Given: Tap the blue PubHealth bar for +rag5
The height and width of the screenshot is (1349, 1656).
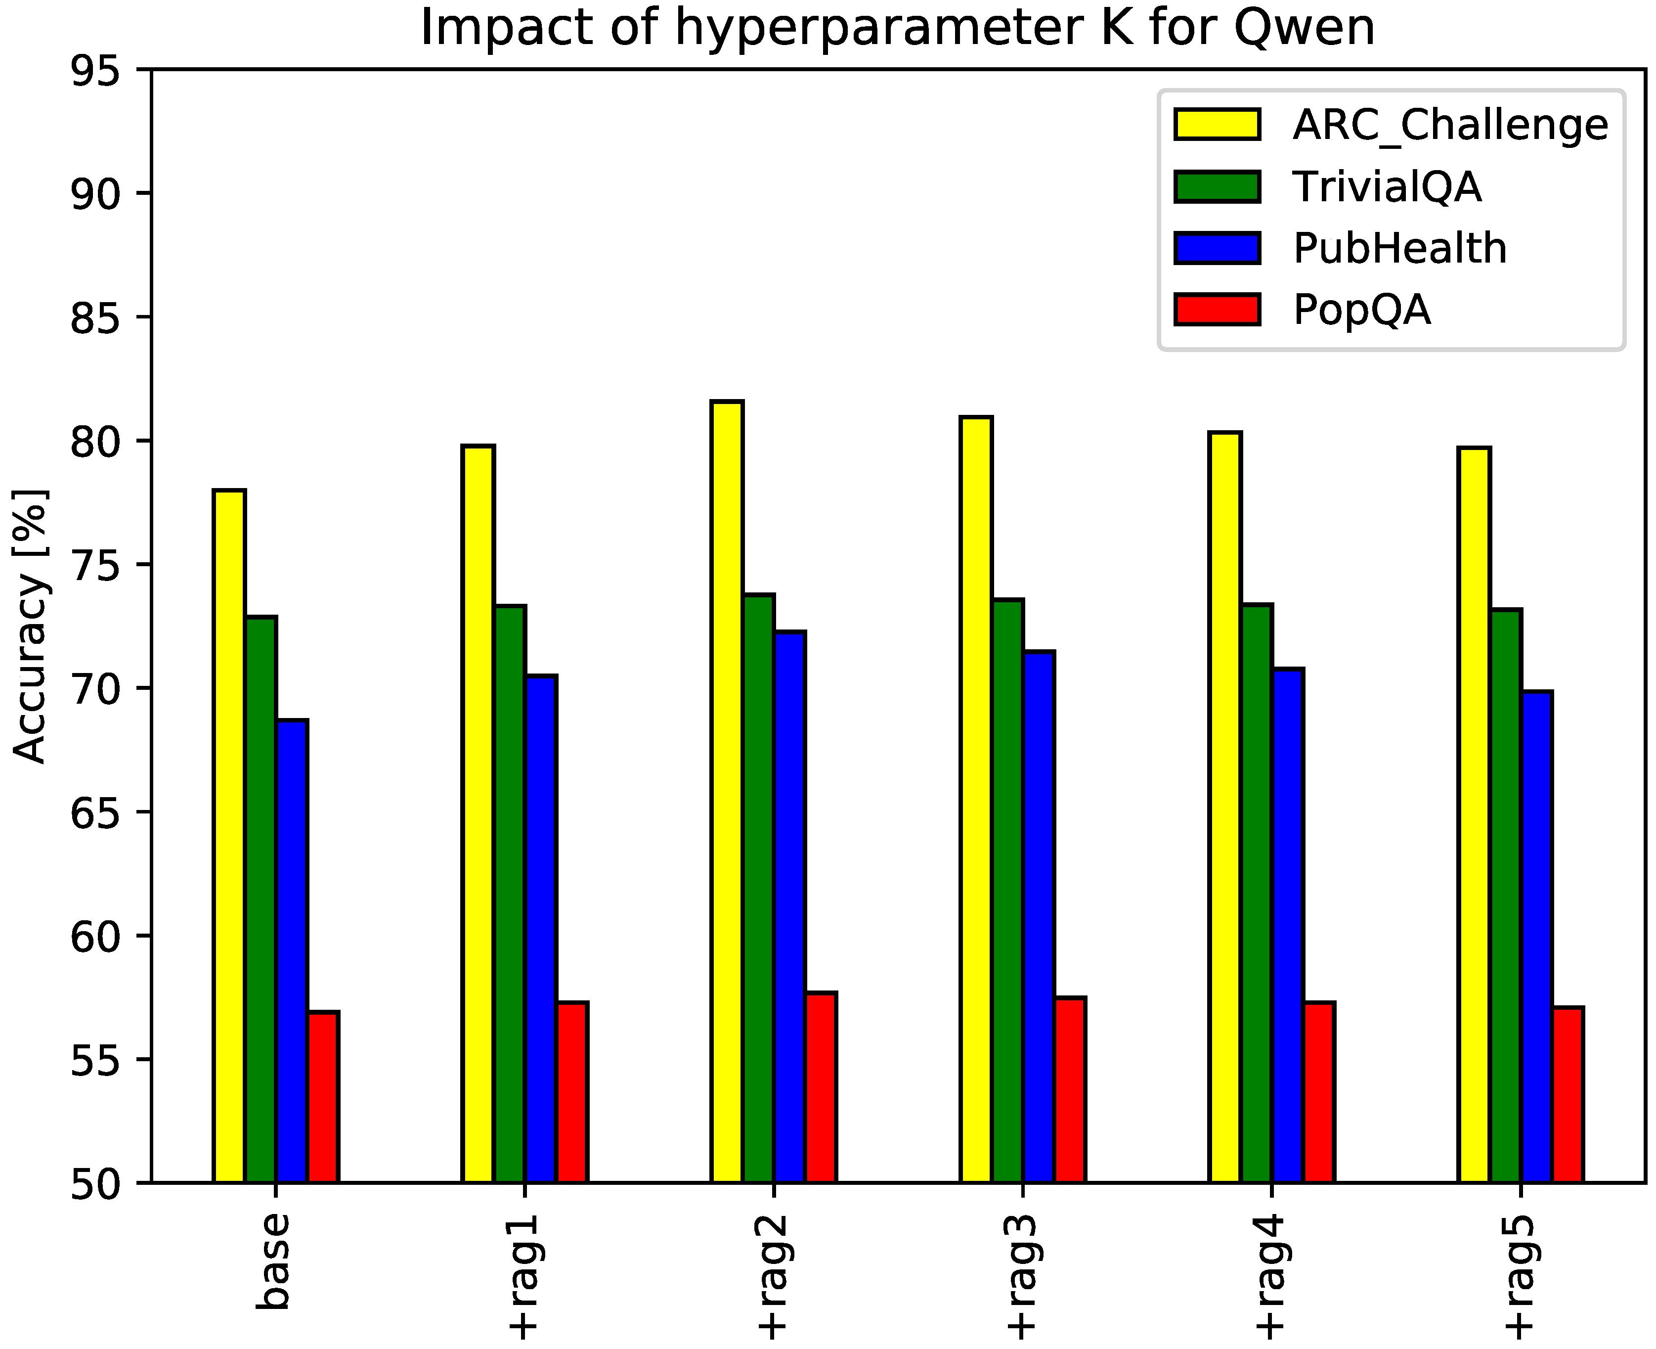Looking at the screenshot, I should [1536, 937].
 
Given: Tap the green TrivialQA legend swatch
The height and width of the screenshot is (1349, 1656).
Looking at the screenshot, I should [1217, 186].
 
